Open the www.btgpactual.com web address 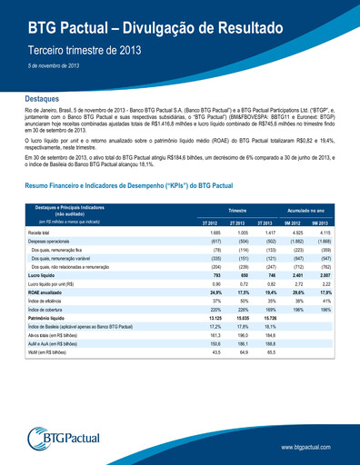(312, 447)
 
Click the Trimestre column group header (237, 209)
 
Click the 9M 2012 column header (293, 222)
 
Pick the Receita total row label (40, 233)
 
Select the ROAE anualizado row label (45, 293)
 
